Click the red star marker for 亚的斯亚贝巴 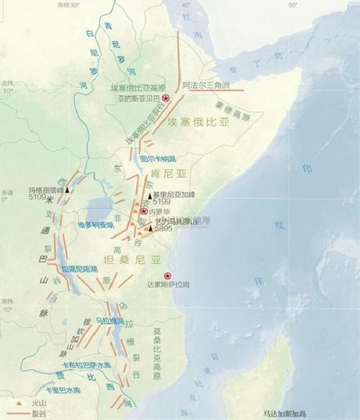coord(166,98)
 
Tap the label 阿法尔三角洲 coord(206,84)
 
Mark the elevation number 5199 coord(162,202)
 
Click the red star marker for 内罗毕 coord(144,211)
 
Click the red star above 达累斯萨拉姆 coord(168,275)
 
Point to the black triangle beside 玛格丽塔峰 coord(68,191)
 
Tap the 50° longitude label coord(292,5)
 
